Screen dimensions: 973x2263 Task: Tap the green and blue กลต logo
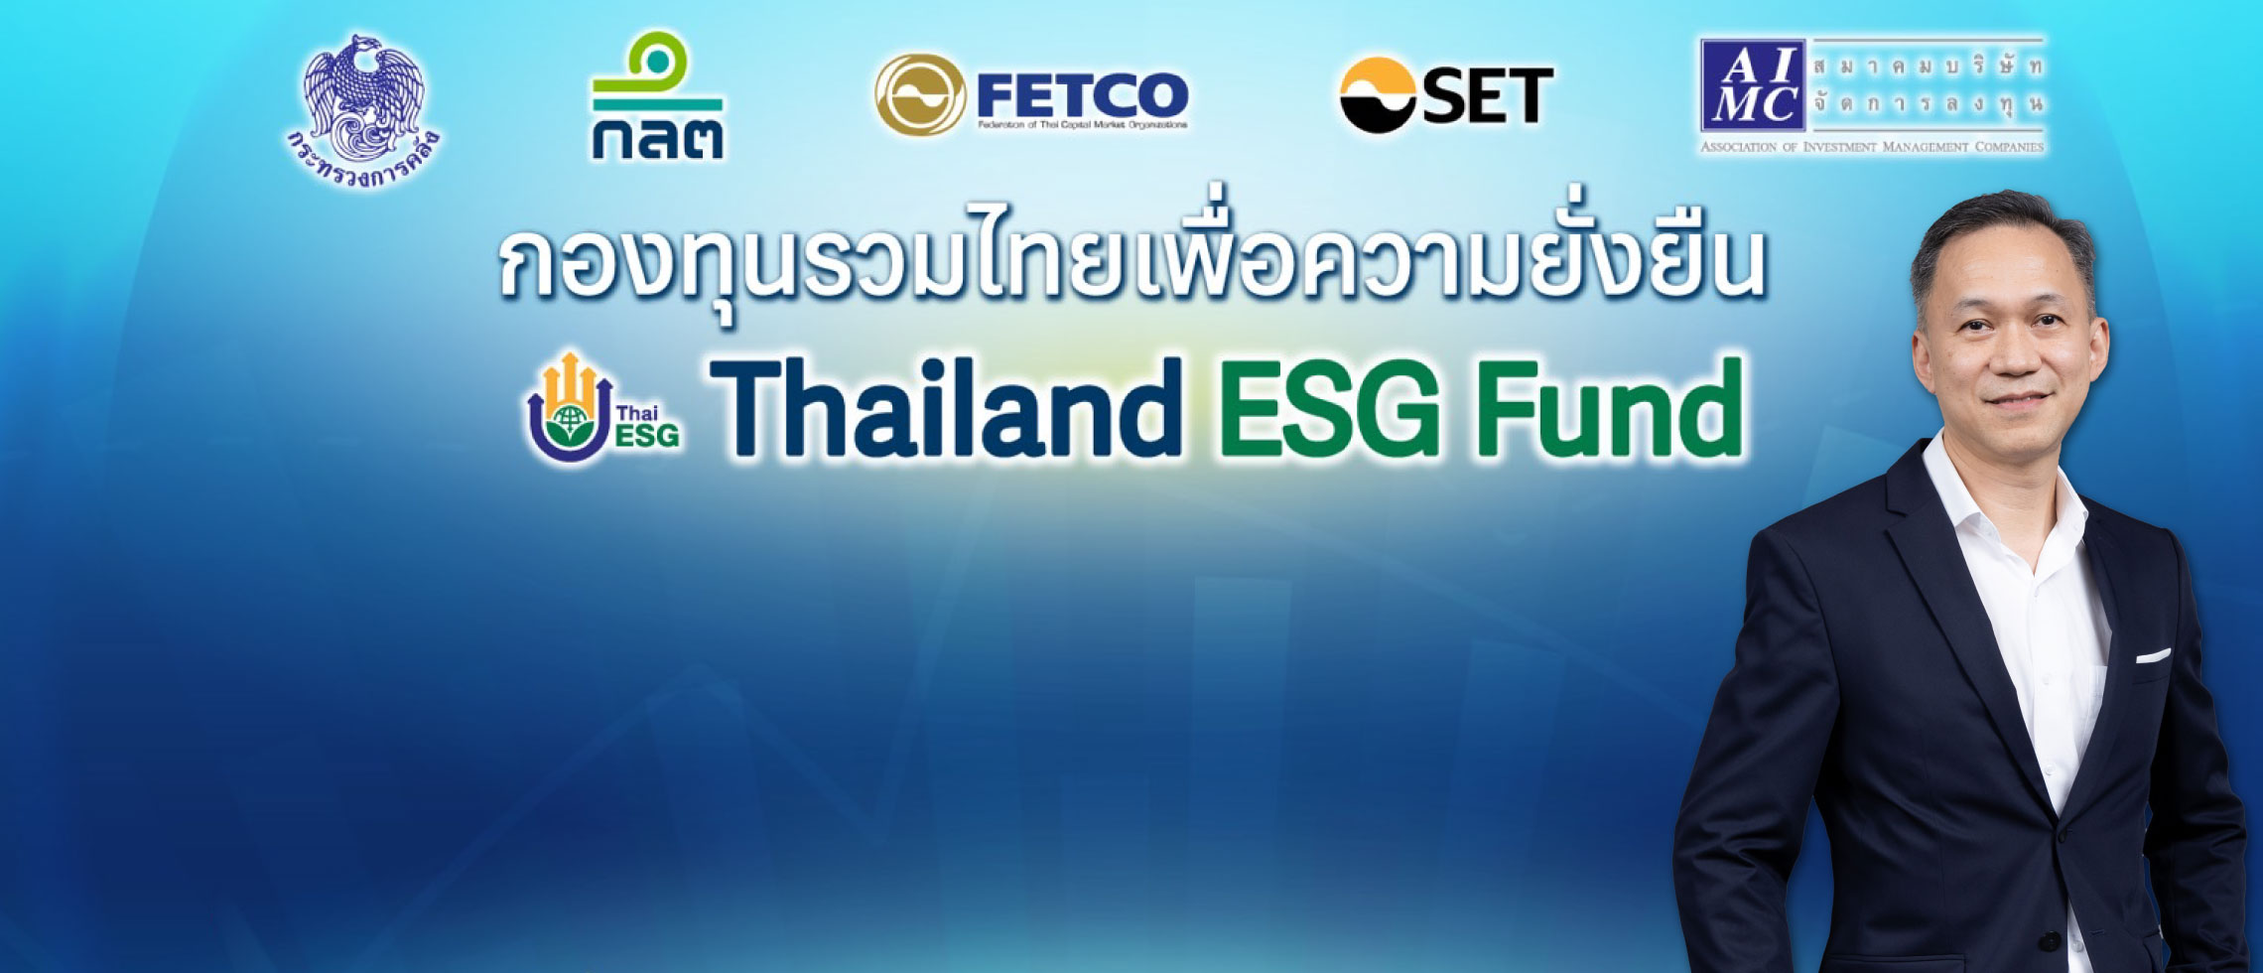coord(656,96)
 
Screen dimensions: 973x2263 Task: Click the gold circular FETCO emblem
coord(919,94)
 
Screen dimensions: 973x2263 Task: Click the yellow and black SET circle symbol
coord(1378,94)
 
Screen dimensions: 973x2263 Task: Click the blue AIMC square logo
coord(1753,86)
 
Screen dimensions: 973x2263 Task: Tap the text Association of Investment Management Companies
coord(1872,147)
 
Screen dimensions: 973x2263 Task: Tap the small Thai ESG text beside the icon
coord(647,425)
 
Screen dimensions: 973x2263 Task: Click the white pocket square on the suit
coord(2152,655)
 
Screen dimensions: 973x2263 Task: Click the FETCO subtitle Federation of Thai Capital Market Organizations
coord(1082,125)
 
